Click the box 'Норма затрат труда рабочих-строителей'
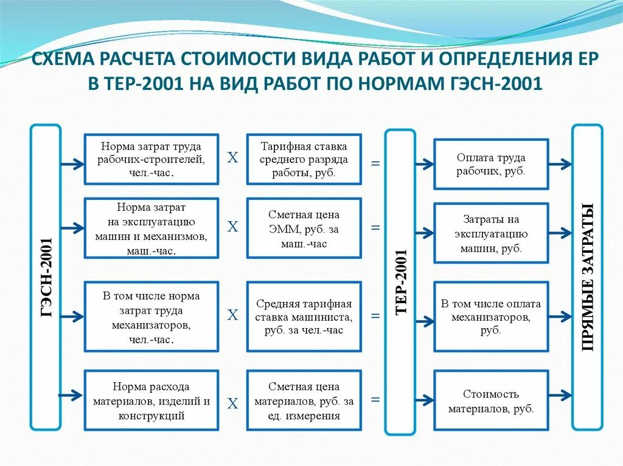coord(151,159)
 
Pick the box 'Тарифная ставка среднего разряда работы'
coord(304,159)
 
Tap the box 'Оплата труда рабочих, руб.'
coord(491,164)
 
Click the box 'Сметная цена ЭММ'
coord(304,228)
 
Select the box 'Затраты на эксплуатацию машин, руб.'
coord(491,233)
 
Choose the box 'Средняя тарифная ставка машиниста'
coord(304,317)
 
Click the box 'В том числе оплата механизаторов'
coord(491,317)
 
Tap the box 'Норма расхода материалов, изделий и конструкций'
coord(151,401)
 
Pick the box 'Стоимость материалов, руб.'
coord(491,401)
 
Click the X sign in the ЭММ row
coord(232,227)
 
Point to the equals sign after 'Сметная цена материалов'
coord(375,400)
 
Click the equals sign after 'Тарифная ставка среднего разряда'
coord(375,163)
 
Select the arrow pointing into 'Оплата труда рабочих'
coord(423,164)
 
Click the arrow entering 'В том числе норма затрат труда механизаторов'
coord(72,316)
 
